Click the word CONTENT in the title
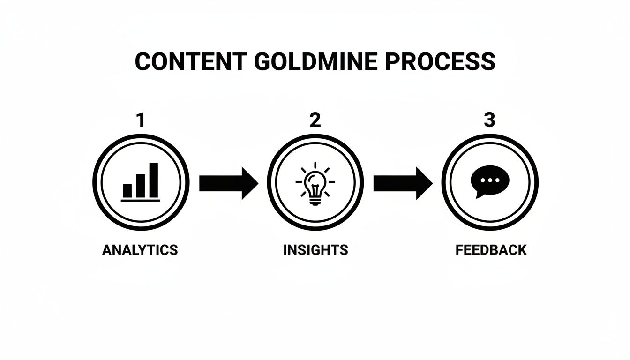[x=191, y=61]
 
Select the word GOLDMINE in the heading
[x=316, y=61]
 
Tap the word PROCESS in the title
[x=440, y=61]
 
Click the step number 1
[x=141, y=120]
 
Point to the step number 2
[x=315, y=120]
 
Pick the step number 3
[x=489, y=120]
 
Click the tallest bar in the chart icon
[x=154, y=180]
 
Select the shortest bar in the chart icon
[x=127, y=191]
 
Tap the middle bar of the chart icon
[x=141, y=186]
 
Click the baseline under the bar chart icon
[x=140, y=201]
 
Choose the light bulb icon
[x=315, y=183]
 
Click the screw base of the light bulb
[x=315, y=202]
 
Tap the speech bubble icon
[x=490, y=182]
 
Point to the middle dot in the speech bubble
[x=490, y=180]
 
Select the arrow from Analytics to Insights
[x=229, y=183]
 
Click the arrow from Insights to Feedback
[x=403, y=183]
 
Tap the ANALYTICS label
[x=140, y=250]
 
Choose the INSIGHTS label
[x=315, y=250]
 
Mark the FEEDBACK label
[x=491, y=250]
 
